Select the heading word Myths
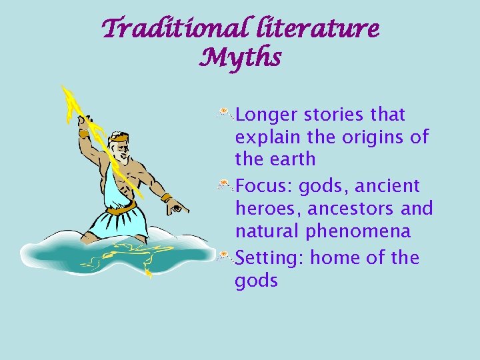pyautogui.click(x=240, y=59)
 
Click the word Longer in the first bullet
pyautogui.click(x=267, y=115)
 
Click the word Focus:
pyautogui.click(x=265, y=186)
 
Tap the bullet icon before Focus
pyautogui.click(x=226, y=183)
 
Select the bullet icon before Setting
pyautogui.click(x=226, y=255)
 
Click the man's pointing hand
pyautogui.click(x=175, y=209)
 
